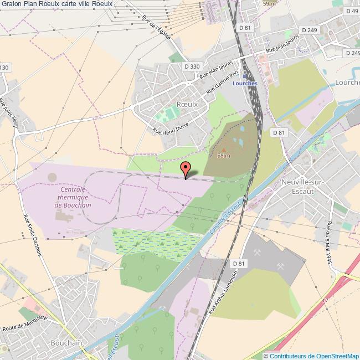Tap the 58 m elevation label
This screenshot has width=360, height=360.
pyautogui.click(x=224, y=156)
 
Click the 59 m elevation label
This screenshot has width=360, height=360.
pyautogui.click(x=269, y=3)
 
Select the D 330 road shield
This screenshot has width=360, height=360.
pyautogui.click(x=192, y=66)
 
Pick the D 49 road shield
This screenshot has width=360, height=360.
pyautogui.click(x=351, y=11)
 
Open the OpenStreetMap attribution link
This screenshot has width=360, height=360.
pyautogui.click(x=311, y=356)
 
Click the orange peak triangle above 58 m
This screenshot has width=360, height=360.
pyautogui.click(x=224, y=148)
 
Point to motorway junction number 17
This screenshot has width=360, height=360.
pyautogui.click(x=326, y=301)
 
